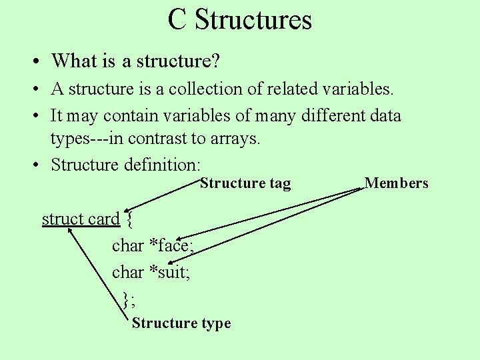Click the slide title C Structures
pyautogui.click(x=240, y=19)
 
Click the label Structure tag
pyautogui.click(x=245, y=183)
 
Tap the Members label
pyautogui.click(x=396, y=183)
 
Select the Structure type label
pyautogui.click(x=181, y=323)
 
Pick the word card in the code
pyautogui.click(x=103, y=219)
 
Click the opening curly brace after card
pyautogui.click(x=129, y=219)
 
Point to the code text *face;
pyautogui.click(x=171, y=246)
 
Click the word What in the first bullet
pyautogui.click(x=74, y=61)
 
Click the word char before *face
pyautogui.click(x=128, y=246)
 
